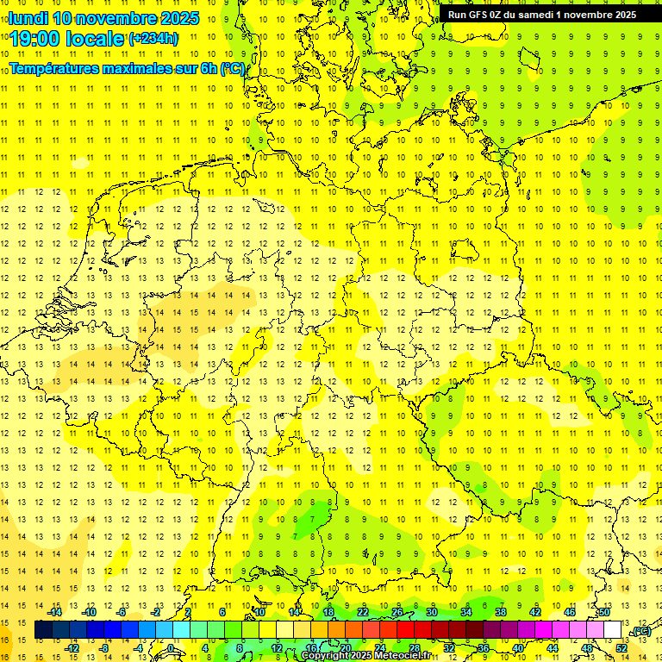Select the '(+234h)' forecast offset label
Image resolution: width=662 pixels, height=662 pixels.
coord(153,38)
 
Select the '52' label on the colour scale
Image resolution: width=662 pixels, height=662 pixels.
coord(621,647)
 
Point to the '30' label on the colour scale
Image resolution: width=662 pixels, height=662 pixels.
coord(432,612)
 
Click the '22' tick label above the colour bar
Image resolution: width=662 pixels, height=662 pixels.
coord(363,612)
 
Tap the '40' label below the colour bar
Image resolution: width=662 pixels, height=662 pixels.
coord(517,647)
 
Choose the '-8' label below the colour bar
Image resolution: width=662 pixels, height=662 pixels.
coord(105,647)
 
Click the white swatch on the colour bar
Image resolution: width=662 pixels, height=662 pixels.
coord(613,629)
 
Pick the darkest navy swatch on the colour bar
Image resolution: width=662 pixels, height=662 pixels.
coord(43,629)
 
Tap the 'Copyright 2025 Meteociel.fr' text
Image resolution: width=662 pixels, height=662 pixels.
coord(365,656)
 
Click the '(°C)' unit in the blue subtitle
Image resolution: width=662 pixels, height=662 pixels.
coord(232,67)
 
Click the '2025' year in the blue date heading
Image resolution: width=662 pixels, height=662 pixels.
coord(179,18)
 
